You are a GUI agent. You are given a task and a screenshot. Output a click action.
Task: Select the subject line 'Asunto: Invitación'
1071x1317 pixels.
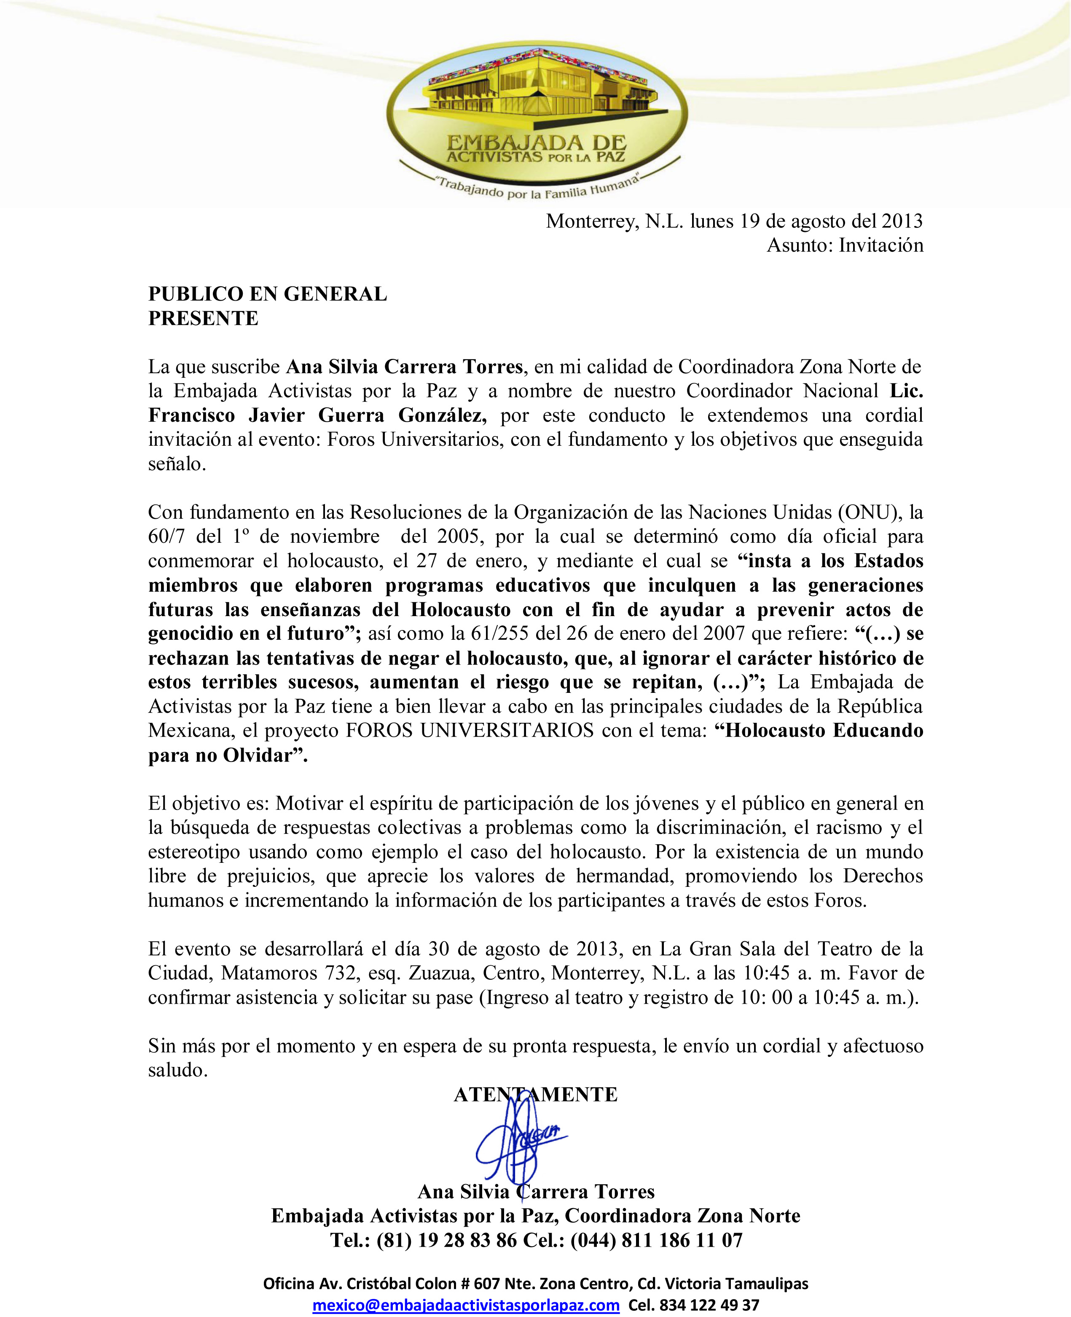pos(845,245)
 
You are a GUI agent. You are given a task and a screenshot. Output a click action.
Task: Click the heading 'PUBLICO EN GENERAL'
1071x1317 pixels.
pos(267,294)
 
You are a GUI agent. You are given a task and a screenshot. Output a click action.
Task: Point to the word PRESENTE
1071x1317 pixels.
pos(203,318)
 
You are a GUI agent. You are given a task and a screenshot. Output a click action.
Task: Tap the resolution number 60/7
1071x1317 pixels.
pos(166,536)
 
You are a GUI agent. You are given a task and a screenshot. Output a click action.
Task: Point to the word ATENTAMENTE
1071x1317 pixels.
pos(535,1094)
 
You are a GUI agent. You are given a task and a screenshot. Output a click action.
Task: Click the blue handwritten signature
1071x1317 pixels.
pos(518,1142)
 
